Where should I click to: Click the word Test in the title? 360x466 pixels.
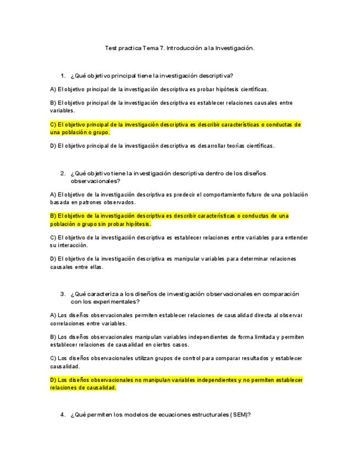click(x=110, y=48)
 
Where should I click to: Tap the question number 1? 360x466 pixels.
click(x=63, y=75)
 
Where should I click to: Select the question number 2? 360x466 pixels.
click(x=63, y=173)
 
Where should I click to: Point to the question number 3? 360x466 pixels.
click(x=63, y=294)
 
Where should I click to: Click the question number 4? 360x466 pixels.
click(x=63, y=415)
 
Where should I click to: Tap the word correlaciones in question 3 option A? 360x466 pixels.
click(x=67, y=324)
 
